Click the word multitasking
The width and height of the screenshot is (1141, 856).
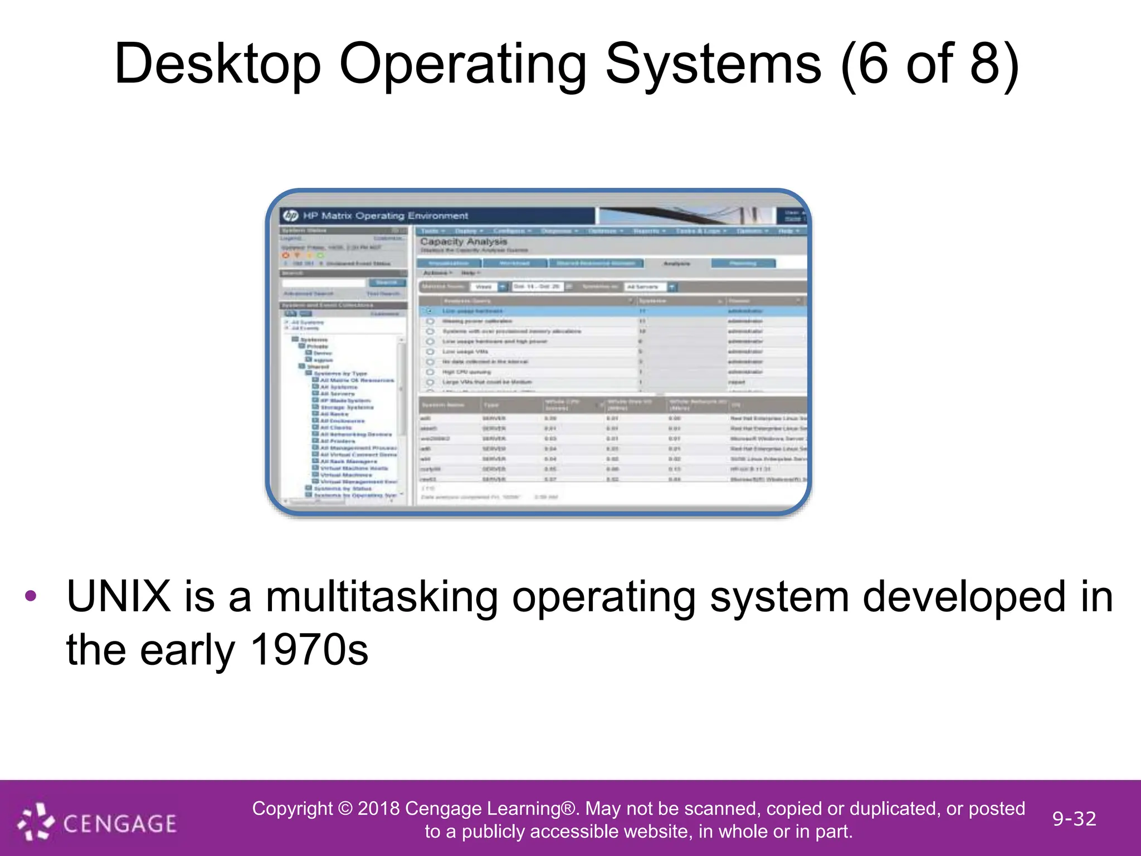tap(382, 597)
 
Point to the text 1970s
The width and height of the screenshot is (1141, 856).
tap(309, 650)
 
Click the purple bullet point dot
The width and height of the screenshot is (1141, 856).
tap(31, 596)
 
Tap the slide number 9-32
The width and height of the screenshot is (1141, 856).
tap(1074, 819)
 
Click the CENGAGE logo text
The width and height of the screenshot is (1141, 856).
tap(120, 823)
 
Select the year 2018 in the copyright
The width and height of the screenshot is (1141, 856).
tap(378, 808)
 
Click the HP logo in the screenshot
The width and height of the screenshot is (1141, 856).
tap(290, 216)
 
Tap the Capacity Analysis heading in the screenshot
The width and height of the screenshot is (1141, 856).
tap(464, 242)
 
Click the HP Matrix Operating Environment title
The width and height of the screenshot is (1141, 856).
tap(386, 216)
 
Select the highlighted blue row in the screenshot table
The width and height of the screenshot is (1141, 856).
tap(613, 311)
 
